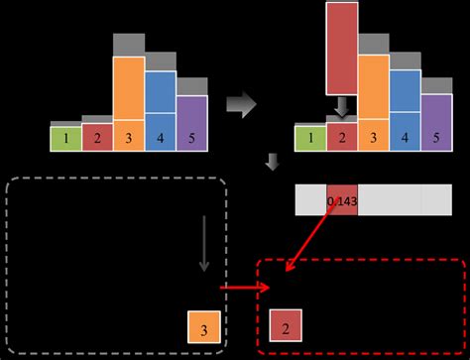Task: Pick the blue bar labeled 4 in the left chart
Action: click(161, 109)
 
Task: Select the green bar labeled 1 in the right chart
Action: click(310, 138)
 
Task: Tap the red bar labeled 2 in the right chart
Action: click(342, 138)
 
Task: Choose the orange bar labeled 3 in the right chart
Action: click(374, 103)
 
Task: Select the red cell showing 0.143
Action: click(341, 200)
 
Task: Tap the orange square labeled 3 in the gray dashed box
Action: click(203, 326)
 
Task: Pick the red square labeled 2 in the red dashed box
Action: click(286, 324)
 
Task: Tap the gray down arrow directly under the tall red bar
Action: click(342, 105)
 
